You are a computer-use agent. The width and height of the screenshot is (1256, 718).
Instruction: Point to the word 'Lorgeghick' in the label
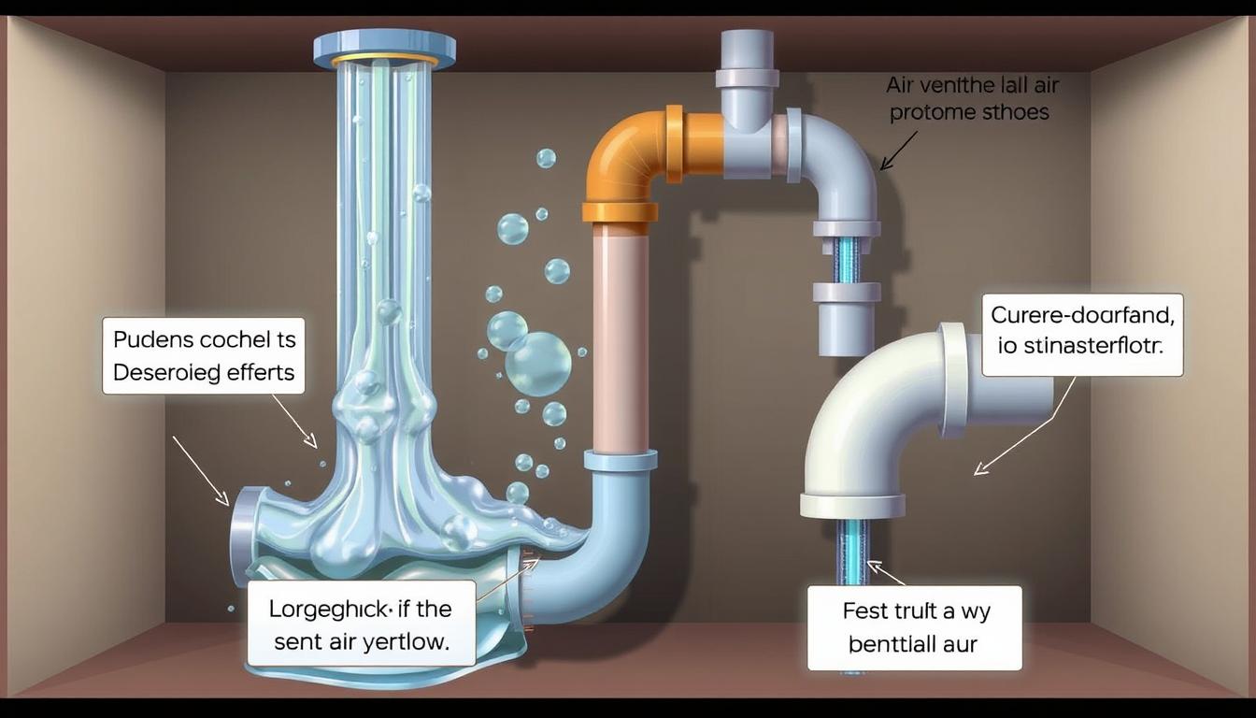pyautogui.click(x=328, y=610)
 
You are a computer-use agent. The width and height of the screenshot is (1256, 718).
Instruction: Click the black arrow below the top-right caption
pyautogui.click(x=898, y=151)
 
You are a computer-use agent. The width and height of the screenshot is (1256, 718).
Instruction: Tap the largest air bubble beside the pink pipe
pyautogui.click(x=538, y=364)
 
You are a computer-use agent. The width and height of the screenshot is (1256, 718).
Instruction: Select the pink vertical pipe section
pyautogui.click(x=621, y=337)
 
